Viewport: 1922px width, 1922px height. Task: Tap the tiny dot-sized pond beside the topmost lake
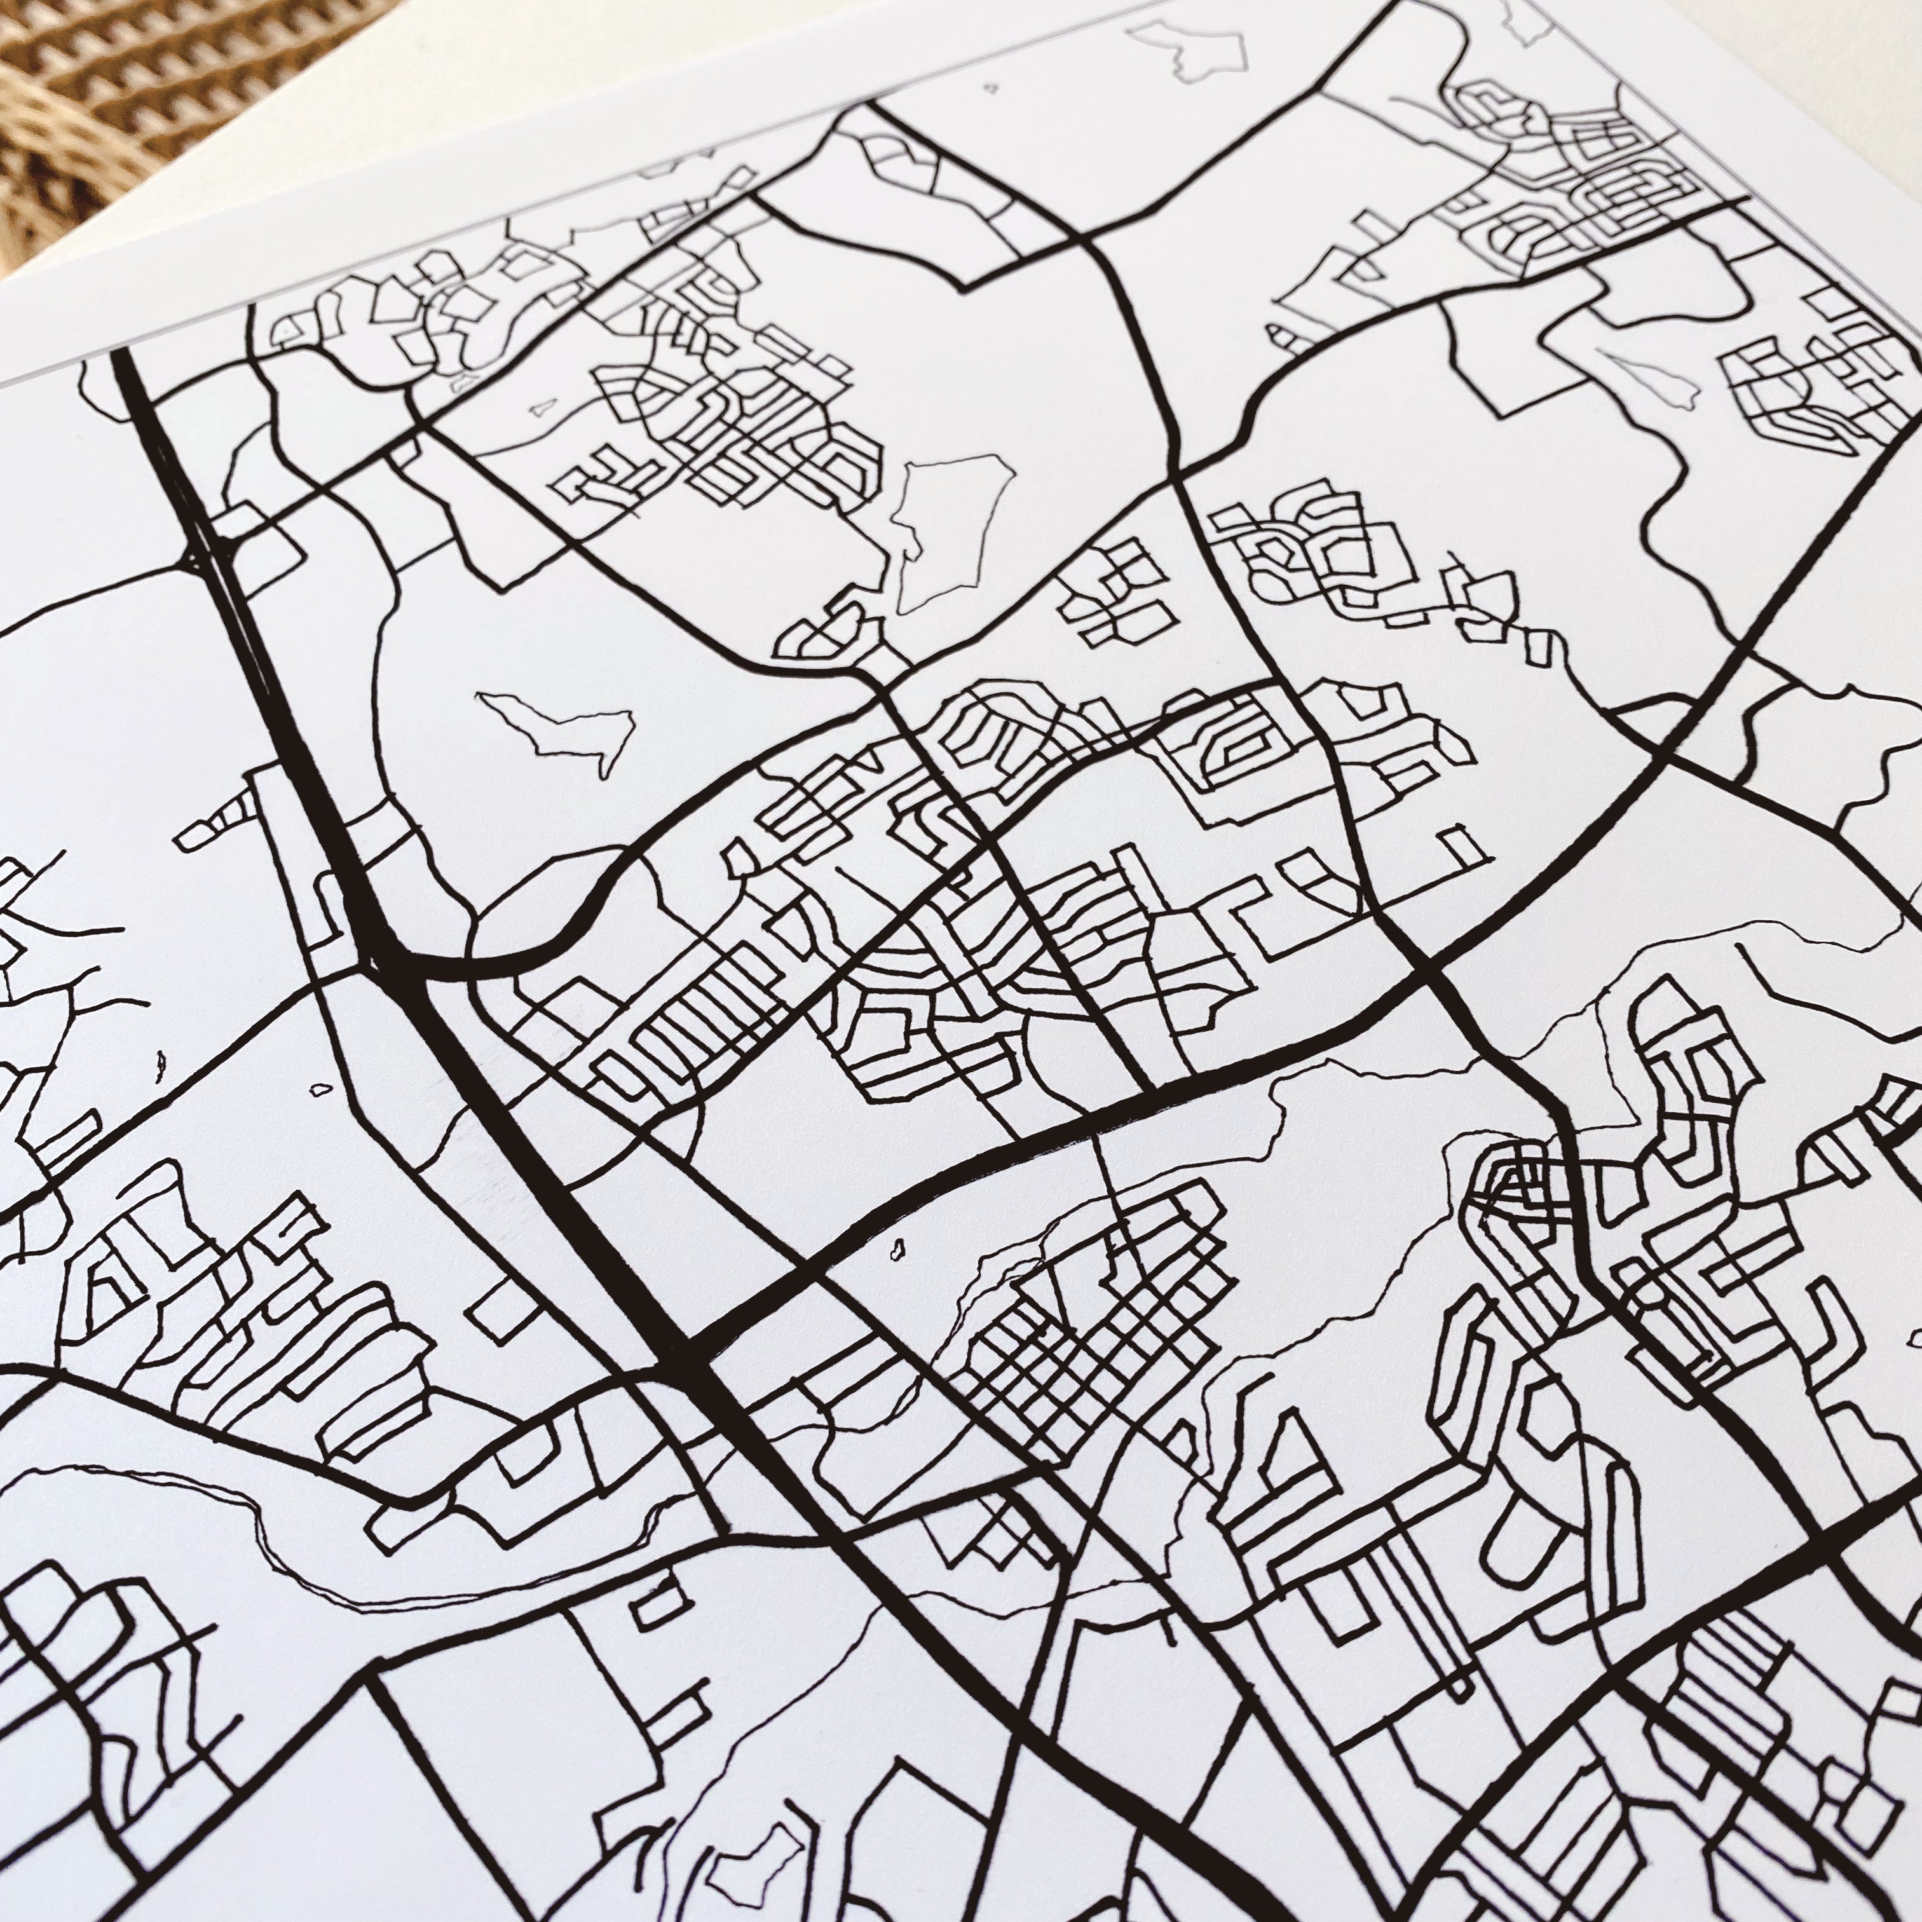[990, 88]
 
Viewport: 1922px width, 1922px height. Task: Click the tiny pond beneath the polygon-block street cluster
[542, 407]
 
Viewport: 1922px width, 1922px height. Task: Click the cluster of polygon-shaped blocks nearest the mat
[398, 318]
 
